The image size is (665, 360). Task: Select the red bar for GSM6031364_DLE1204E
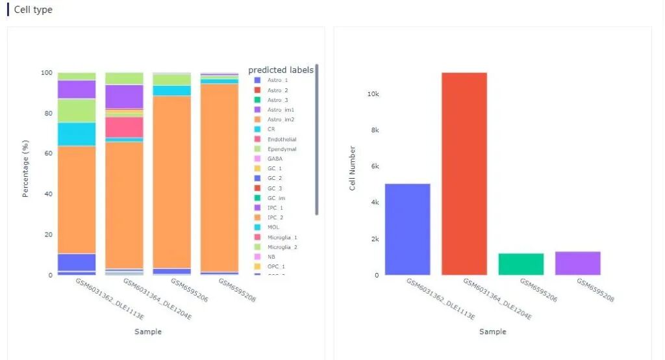(464, 174)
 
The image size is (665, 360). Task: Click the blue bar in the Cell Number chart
(407, 229)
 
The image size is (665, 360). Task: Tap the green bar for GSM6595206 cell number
(521, 264)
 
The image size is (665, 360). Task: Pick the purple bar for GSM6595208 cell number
(577, 263)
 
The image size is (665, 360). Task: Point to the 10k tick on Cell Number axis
(373, 94)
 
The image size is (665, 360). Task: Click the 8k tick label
(374, 131)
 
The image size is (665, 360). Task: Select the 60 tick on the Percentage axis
(45, 153)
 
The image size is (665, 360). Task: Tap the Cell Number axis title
(353, 168)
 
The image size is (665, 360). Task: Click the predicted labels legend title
(281, 70)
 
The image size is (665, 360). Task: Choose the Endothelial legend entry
(282, 139)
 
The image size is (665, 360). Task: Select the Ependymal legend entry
(281, 149)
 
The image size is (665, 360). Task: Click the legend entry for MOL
(273, 227)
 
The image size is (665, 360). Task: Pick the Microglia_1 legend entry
(282, 237)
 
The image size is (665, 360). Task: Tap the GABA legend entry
(275, 159)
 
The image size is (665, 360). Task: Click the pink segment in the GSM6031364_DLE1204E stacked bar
(124, 127)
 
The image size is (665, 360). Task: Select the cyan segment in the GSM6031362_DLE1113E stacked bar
(77, 134)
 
